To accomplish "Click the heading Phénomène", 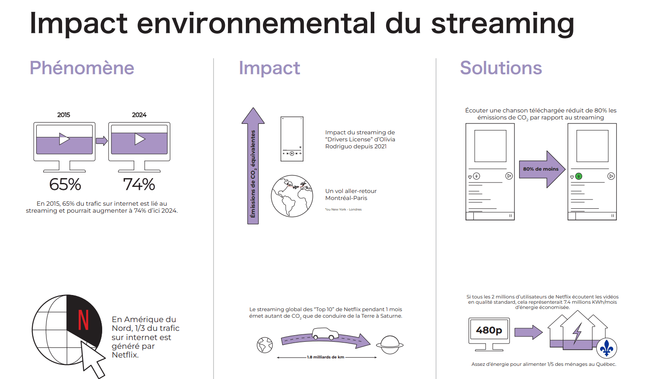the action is [82, 68].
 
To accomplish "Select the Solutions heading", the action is [501, 68].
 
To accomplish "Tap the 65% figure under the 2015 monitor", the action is [65, 184].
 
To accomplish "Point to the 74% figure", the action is [139, 184].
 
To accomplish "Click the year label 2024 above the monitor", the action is [139, 115].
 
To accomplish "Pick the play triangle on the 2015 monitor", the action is [64, 139].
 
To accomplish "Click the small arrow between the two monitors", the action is [102, 141].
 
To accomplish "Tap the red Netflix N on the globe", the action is [83, 320].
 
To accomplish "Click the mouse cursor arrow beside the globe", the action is [92, 359].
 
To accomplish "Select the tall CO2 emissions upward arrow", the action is [253, 166].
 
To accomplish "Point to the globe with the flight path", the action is [292, 196].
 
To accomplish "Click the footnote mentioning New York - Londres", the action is [343, 209].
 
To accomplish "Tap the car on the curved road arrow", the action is [325, 333].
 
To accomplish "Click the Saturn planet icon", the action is [390, 345].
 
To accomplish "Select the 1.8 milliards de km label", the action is [326, 357].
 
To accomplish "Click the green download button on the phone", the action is [579, 176].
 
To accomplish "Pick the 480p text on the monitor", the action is [489, 330].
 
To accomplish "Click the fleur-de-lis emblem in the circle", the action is [607, 348].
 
